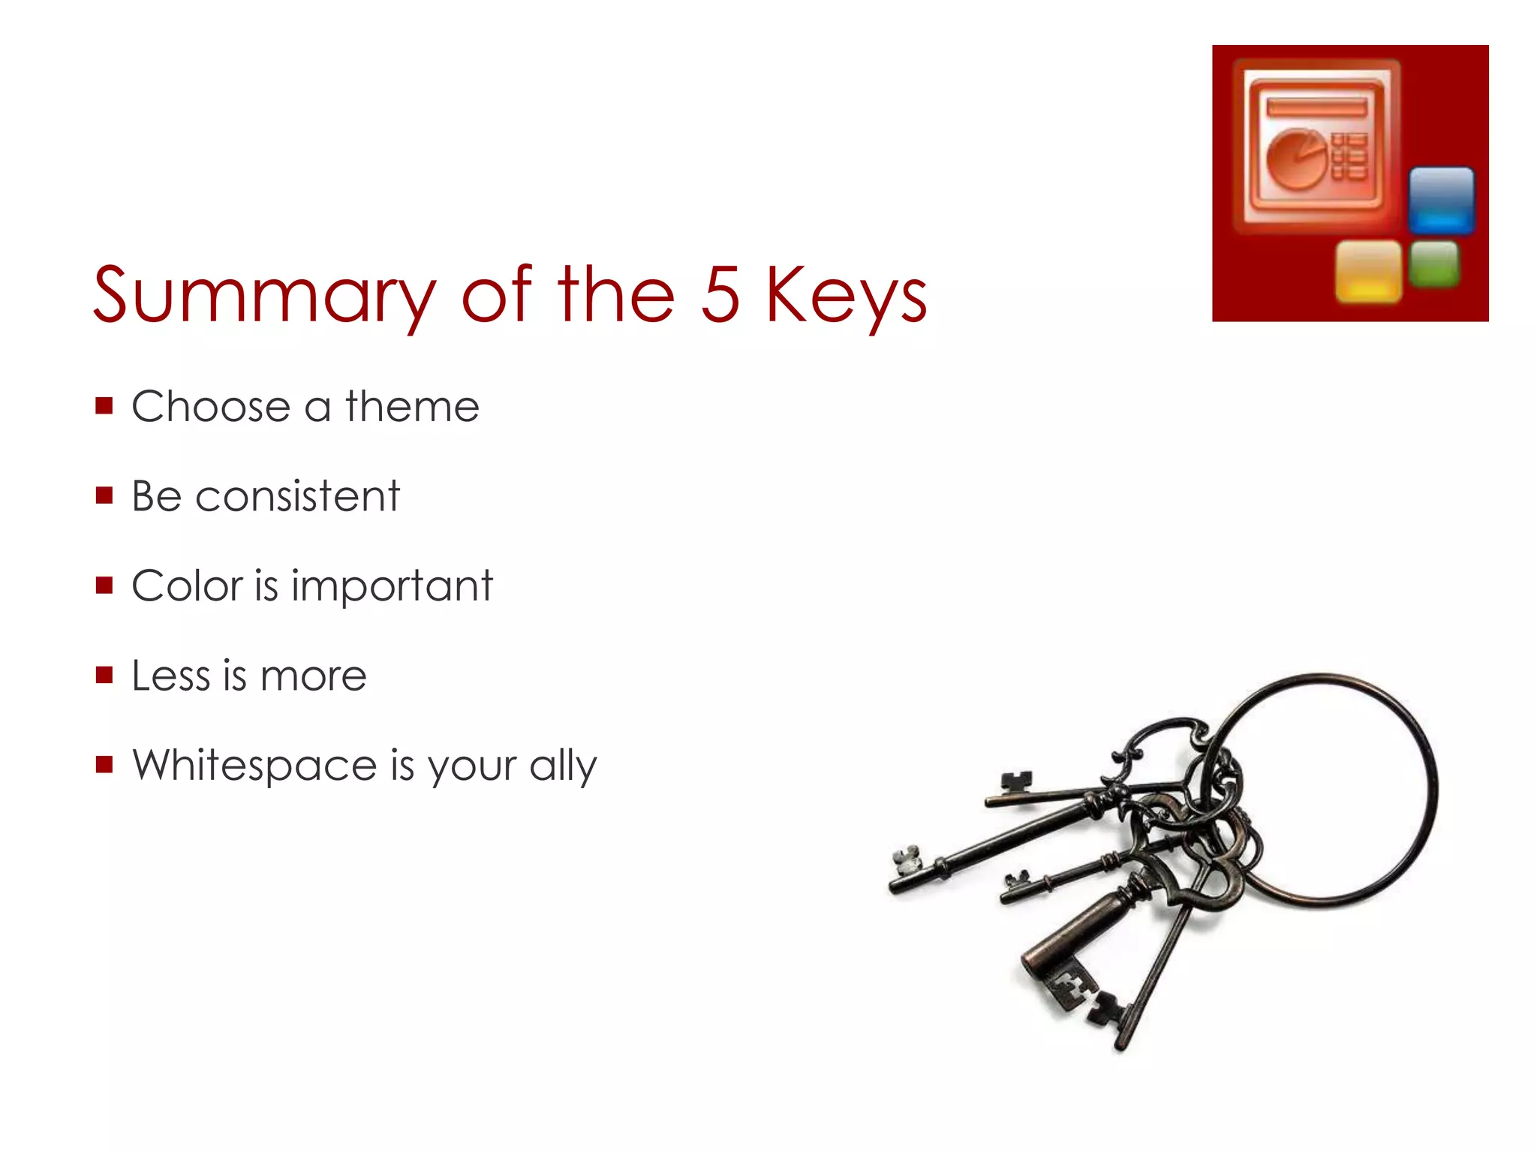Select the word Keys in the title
846,296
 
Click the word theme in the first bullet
412,407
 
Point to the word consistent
297,496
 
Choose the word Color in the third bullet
188,586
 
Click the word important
392,586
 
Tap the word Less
171,676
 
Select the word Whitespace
254,766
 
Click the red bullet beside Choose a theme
104,406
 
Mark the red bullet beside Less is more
104,675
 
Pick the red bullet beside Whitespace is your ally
104,765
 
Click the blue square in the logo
1441,200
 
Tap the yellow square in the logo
1368,271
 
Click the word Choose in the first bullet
211,407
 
